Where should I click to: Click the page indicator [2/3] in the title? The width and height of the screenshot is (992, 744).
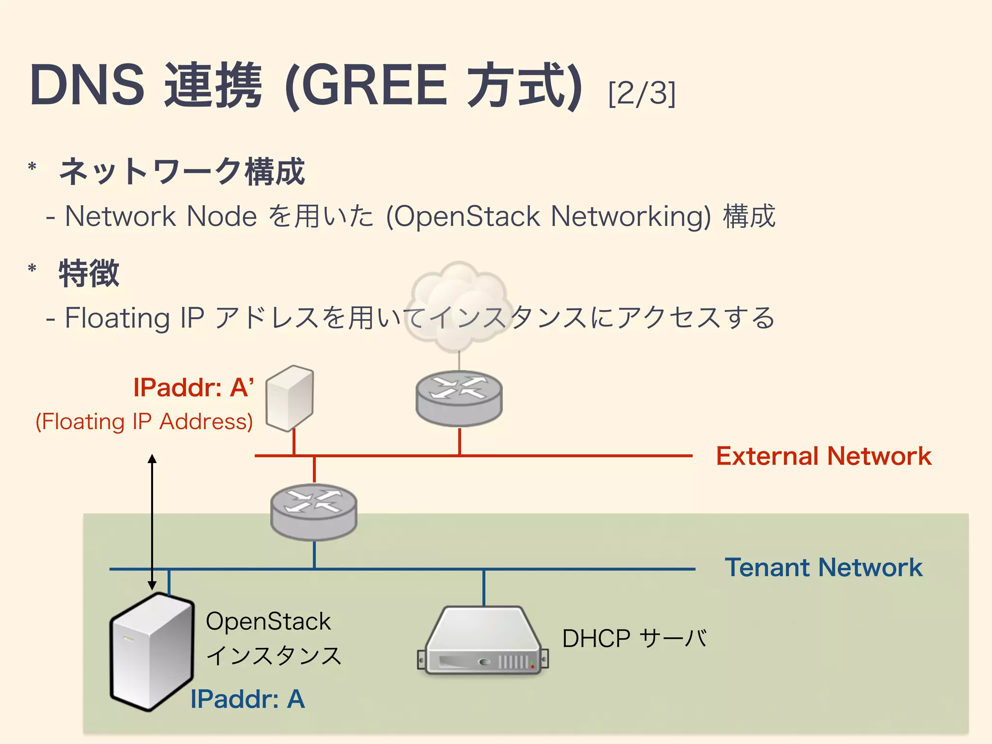(641, 93)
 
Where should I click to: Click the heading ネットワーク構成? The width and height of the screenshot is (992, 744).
(182, 171)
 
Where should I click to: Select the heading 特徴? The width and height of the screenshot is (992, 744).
(89, 273)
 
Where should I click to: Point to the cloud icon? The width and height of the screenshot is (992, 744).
(458, 305)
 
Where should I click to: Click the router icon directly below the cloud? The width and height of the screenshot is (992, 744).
(459, 398)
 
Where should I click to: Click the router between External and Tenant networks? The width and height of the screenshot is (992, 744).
(314, 512)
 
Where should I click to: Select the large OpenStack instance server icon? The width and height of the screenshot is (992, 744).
(152, 651)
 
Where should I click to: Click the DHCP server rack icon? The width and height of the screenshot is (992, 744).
(483, 642)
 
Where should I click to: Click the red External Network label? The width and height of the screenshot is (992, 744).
(823, 456)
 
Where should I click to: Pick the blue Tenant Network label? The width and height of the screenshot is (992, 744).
(823, 567)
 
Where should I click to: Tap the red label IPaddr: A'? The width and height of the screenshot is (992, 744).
(193, 387)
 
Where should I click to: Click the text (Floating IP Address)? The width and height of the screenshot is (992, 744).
(144, 421)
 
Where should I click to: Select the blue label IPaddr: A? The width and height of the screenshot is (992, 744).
(248, 699)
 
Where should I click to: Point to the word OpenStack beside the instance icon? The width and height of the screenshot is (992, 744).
(268, 621)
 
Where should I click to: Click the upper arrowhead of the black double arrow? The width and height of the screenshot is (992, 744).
(152, 458)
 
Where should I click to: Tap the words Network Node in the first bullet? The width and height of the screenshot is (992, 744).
(161, 216)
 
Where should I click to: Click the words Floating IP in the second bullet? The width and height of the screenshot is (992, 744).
(135, 318)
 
